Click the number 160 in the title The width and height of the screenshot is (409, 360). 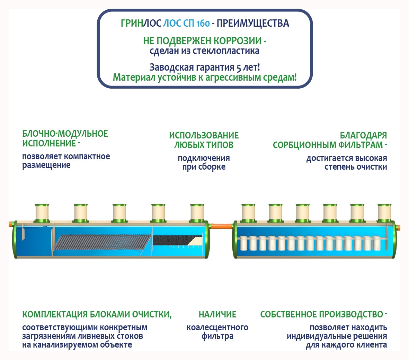pyautogui.click(x=203, y=24)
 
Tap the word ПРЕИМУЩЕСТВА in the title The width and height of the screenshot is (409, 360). pyautogui.click(x=253, y=24)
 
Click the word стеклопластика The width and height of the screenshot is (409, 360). pyautogui.click(x=226, y=51)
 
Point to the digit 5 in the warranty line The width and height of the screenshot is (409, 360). pyautogui.click(x=238, y=67)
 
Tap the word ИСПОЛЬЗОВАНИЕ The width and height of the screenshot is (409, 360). pyautogui.click(x=204, y=135)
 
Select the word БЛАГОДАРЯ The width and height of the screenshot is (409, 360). pyautogui.click(x=363, y=135)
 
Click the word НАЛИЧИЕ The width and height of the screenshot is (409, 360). pyautogui.click(x=217, y=314)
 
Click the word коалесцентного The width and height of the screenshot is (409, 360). pyautogui.click(x=217, y=327)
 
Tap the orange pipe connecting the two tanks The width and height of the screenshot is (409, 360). pyautogui.click(x=221, y=226)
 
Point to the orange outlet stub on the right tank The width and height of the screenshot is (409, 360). pyautogui.click(x=399, y=228)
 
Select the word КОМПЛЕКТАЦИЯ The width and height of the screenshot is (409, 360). pyautogui.click(x=55, y=314)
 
